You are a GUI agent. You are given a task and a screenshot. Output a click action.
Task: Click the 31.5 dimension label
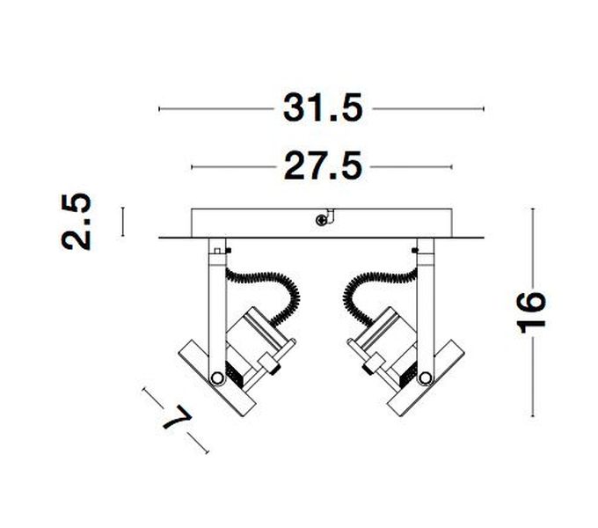(322, 109)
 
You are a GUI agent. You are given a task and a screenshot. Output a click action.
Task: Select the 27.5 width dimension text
(323, 166)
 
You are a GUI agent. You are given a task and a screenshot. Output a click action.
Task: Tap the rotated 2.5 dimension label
(77, 222)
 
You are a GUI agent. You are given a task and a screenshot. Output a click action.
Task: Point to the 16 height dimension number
(531, 312)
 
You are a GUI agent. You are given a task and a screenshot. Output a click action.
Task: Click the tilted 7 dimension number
(178, 418)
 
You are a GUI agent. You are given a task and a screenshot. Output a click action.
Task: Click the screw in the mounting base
(322, 220)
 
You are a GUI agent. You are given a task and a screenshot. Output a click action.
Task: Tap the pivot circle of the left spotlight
(217, 378)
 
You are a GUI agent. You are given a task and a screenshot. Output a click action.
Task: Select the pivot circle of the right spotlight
(425, 378)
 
